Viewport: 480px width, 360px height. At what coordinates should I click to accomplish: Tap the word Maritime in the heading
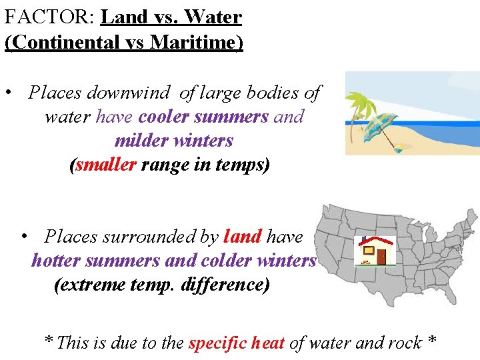point(194,42)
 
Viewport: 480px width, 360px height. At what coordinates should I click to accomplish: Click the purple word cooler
point(163,117)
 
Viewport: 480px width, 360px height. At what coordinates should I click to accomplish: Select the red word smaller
point(106,165)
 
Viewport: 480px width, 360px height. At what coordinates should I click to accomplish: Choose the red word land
point(243,237)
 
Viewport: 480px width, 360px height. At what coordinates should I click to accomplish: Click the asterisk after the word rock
point(432,341)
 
